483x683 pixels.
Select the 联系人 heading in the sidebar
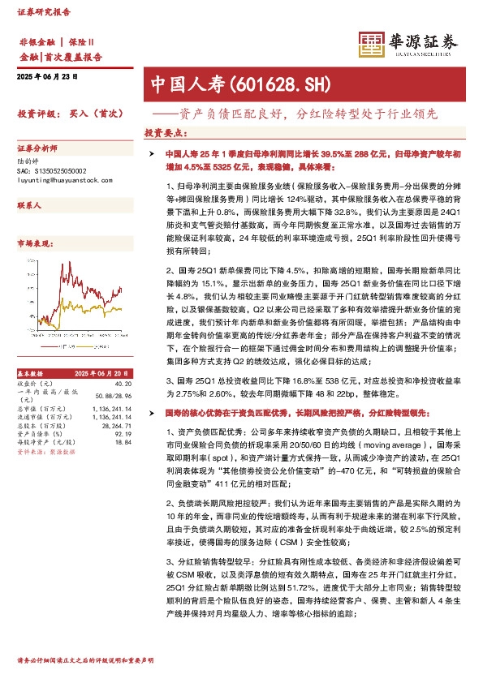(x=29, y=207)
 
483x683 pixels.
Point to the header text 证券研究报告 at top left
(x=45, y=14)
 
